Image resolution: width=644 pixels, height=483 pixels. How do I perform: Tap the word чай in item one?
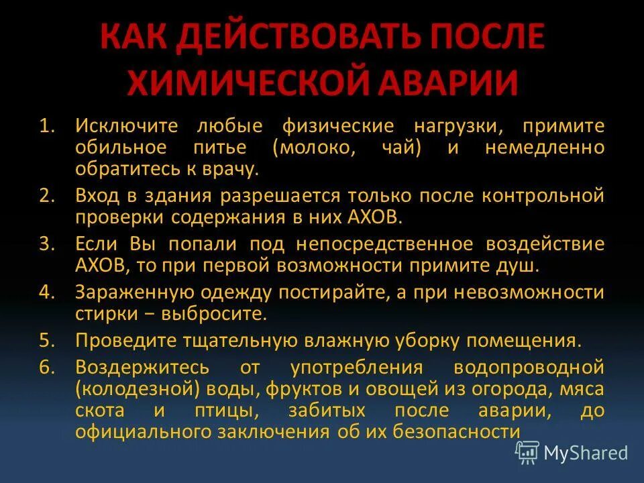click(x=397, y=148)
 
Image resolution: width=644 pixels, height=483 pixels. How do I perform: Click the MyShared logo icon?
click(x=527, y=453)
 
